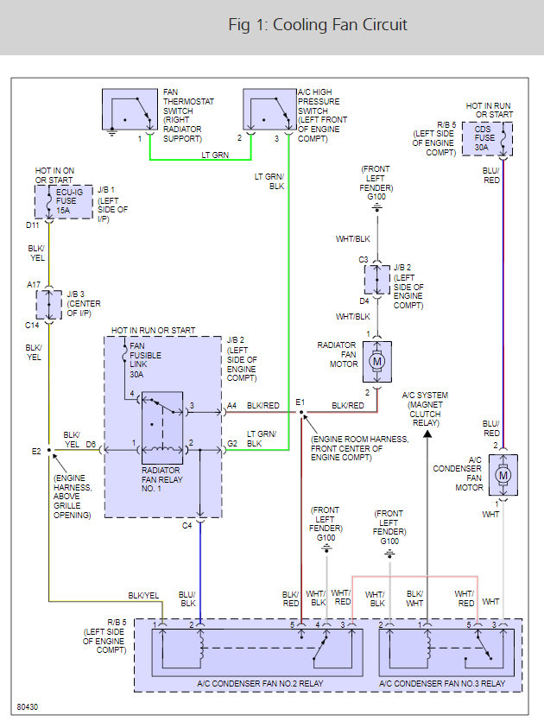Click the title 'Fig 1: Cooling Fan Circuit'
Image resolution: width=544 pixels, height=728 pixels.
pos(317,25)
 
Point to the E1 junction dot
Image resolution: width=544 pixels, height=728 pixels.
pos(300,412)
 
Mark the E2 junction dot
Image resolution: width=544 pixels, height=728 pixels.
pos(50,450)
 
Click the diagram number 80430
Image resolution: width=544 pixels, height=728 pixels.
pos(27,708)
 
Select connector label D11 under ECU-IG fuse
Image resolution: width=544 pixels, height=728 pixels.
pos(33,225)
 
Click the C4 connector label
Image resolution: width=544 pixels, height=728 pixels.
pos(187,525)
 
